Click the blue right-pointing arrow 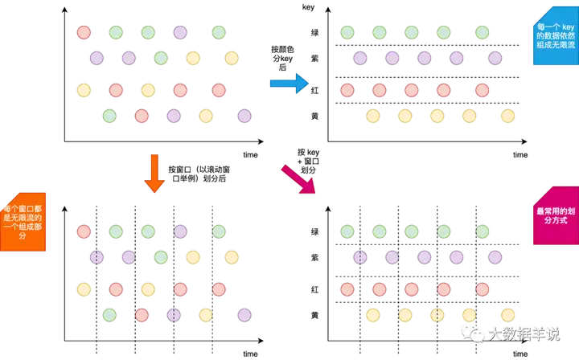pyautogui.click(x=287, y=83)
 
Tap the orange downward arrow pyautogui.click(x=154, y=174)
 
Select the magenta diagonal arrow pyautogui.click(x=298, y=178)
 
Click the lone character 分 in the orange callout pyautogui.click(x=22, y=236)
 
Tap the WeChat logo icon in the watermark pyautogui.click(x=470, y=332)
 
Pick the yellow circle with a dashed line pyautogui.click(x=437, y=314)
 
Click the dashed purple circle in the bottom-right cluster pyautogui.click(x=359, y=256)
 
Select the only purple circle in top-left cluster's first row pyautogui.click(x=179, y=32)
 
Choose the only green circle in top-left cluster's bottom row pyautogui.click(x=109, y=115)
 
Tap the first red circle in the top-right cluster pyautogui.click(x=347, y=90)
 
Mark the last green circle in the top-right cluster pyautogui.click(x=482, y=32)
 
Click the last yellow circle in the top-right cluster pyautogui.click(x=507, y=115)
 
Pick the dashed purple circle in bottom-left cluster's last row pyautogui.click(x=173, y=314)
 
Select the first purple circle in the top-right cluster pyautogui.click(x=359, y=57)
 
